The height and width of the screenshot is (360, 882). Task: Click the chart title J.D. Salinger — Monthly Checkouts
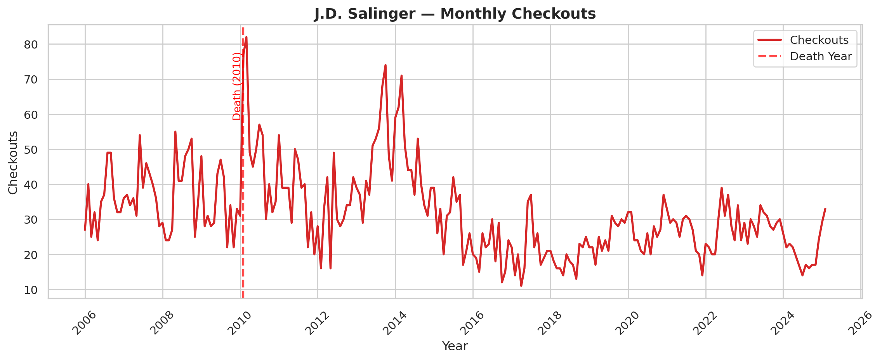tap(455, 14)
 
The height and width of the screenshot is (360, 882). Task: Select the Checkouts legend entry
tap(819, 40)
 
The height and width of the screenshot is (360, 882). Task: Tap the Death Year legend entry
tap(821, 57)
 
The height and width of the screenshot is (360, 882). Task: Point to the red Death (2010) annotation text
tap(237, 86)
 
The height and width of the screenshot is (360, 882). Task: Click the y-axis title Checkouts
tap(13, 162)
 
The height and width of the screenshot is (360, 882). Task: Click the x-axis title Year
tap(455, 346)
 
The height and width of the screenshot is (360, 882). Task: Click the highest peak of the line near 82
tap(247, 37)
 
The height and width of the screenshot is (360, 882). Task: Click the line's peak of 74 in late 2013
tap(385, 65)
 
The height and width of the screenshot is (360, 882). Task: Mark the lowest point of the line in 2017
tap(521, 286)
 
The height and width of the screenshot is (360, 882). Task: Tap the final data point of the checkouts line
tap(825, 209)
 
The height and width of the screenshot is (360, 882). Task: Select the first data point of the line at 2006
tap(85, 230)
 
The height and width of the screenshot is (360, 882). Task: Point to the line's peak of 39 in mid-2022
tap(722, 188)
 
